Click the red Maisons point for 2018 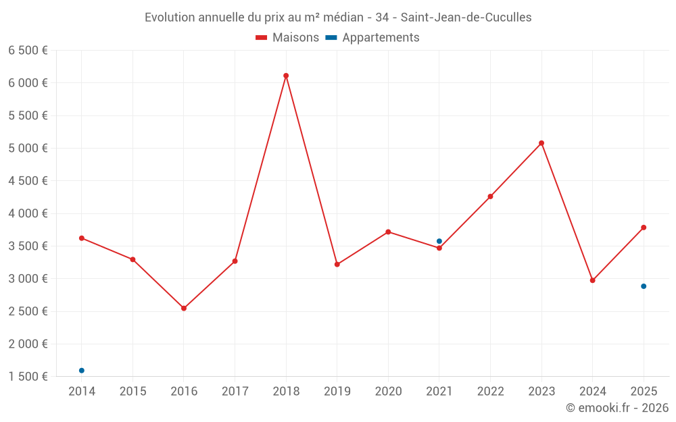point(286,76)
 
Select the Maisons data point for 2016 point(184,309)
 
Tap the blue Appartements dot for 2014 point(82,371)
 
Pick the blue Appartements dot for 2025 point(644,286)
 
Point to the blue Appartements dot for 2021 point(439,241)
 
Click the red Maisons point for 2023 point(541,143)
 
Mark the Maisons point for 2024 point(593,280)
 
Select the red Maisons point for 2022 point(490,196)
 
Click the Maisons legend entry point(287,38)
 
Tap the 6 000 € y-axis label point(28,83)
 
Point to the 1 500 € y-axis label point(28,377)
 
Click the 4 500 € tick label point(28,181)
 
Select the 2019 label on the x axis point(337,392)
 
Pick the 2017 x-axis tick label point(235,392)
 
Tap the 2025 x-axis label point(644,392)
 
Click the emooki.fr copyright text point(617,408)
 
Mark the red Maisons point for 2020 point(388,232)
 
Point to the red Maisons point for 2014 point(82,238)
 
